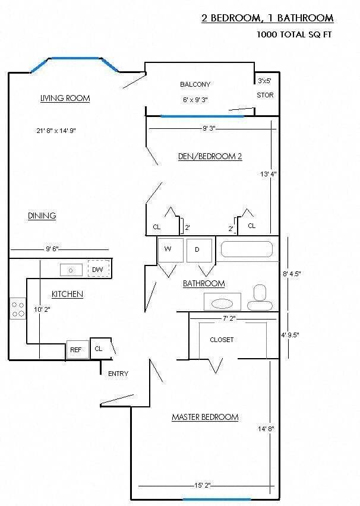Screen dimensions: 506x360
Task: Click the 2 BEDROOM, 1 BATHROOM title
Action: [267, 18]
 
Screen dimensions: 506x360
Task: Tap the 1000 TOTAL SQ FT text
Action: [293, 34]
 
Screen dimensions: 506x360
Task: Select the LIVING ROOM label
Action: [65, 98]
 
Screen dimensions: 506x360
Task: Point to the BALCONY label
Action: [195, 84]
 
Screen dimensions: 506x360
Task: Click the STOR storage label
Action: [265, 95]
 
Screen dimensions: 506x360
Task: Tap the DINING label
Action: [42, 216]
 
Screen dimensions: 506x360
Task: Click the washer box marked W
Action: [169, 250]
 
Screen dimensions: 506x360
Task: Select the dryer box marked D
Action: [198, 250]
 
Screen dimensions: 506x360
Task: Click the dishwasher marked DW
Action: [99, 269]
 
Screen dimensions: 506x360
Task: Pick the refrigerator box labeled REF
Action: [76, 350]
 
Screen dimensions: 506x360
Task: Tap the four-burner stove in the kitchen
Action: [18, 308]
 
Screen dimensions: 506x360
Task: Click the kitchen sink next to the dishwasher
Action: [72, 270]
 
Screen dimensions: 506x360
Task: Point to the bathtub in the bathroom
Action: [247, 249]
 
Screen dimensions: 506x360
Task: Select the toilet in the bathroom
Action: [260, 298]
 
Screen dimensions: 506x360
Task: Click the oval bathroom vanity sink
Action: [222, 303]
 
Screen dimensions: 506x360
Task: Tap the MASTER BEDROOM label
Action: [205, 417]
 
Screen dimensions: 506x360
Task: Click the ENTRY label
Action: [118, 374]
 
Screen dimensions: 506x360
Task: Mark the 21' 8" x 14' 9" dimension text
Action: [56, 131]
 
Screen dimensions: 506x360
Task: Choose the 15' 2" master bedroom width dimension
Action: [200, 485]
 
